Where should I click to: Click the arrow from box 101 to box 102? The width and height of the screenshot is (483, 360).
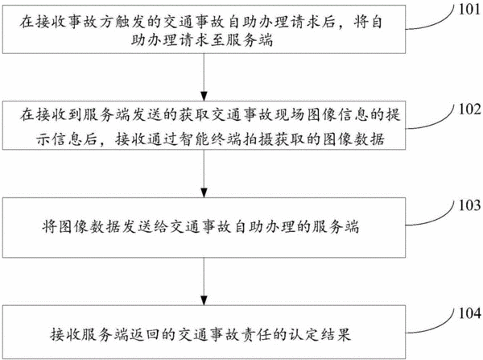(x=204, y=77)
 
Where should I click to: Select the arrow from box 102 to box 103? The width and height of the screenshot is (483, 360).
(x=204, y=173)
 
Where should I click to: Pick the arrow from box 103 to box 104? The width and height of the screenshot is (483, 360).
(x=204, y=281)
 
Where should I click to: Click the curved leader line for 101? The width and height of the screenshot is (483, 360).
(x=437, y=25)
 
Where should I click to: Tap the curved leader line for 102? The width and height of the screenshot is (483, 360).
(x=437, y=123)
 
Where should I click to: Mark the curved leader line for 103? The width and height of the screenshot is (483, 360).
(x=437, y=219)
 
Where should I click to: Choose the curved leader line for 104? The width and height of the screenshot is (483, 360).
(x=437, y=327)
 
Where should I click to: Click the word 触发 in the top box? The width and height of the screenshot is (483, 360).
(x=130, y=22)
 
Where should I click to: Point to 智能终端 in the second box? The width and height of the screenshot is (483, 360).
(x=211, y=139)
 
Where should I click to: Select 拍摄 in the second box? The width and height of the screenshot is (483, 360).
(x=258, y=139)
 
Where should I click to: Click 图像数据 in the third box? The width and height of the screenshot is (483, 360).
(x=89, y=227)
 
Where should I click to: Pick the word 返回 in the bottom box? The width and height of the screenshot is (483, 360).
(x=144, y=335)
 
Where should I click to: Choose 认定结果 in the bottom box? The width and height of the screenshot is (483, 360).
(x=320, y=335)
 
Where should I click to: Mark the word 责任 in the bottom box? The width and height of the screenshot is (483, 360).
(x=255, y=335)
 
